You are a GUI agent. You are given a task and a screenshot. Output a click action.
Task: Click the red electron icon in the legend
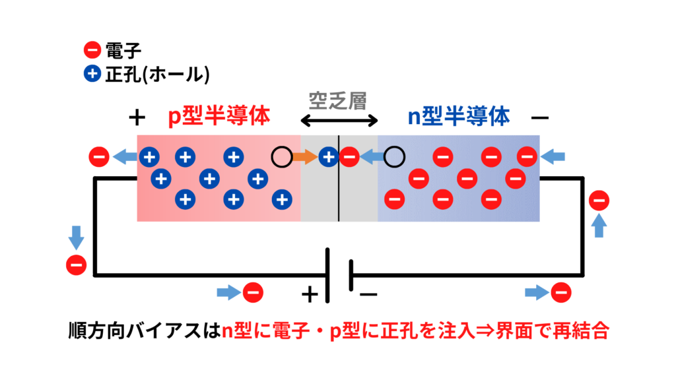tap(92, 49)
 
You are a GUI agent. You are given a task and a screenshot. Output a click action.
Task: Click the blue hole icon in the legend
tap(92, 74)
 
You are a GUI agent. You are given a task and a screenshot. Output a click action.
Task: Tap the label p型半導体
tap(219, 117)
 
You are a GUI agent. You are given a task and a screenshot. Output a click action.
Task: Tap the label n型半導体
tap(458, 117)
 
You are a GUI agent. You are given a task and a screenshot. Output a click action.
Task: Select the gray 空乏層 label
tap(337, 100)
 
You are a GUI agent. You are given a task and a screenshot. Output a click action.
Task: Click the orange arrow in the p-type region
tap(305, 157)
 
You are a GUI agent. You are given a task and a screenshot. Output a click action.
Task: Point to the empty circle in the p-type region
tap(281, 157)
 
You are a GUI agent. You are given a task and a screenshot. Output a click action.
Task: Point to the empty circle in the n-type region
tap(394, 157)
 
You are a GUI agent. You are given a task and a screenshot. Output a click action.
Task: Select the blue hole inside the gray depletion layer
tap(327, 157)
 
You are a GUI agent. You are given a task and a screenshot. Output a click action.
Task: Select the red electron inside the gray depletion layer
tap(350, 157)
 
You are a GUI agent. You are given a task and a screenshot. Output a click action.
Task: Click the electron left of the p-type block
tap(98, 157)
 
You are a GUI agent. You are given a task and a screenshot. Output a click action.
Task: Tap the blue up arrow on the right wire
tap(599, 226)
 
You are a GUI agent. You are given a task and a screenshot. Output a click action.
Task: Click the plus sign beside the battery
tap(309, 294)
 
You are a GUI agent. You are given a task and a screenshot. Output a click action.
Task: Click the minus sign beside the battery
tap(368, 293)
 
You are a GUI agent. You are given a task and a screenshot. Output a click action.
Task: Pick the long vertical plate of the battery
tap(327, 274)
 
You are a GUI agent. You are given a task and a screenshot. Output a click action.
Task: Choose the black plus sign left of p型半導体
tap(136, 118)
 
